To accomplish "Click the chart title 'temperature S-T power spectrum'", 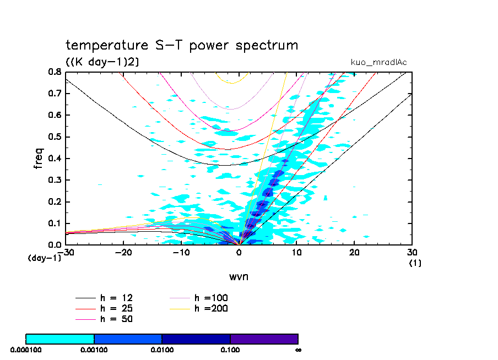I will click(x=182, y=45).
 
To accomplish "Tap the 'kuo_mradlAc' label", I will click(x=378, y=62).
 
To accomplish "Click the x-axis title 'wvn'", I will click(x=239, y=276).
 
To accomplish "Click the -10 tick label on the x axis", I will click(x=181, y=252).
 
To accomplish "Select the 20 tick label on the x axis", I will click(x=354, y=252).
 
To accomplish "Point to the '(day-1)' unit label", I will click(x=44, y=258).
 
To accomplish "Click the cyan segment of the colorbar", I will click(x=60, y=339).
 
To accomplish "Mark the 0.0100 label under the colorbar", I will click(x=162, y=349).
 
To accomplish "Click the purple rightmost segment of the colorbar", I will click(x=264, y=339).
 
